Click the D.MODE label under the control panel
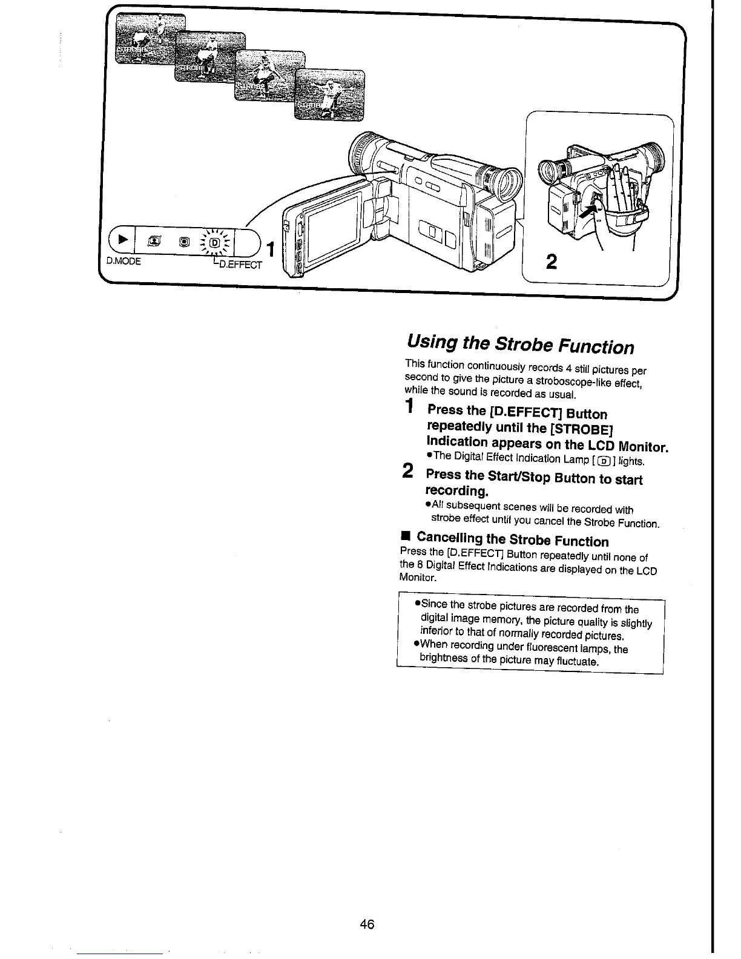click(x=123, y=262)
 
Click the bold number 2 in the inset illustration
click(x=551, y=262)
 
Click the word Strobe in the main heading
click(x=520, y=344)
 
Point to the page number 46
click(x=367, y=924)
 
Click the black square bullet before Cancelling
click(x=406, y=536)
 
